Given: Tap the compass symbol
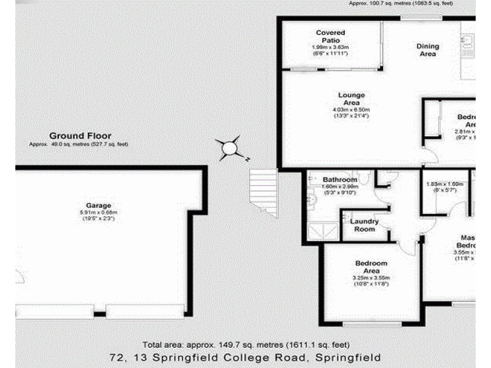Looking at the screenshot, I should coord(230,148).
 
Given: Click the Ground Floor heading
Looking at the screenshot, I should coord(80,136).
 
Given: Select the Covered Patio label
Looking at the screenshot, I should coord(330,36).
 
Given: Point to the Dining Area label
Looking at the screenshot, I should coord(428,50).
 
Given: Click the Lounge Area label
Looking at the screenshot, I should coord(351,99).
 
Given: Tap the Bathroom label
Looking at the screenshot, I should coord(339,180).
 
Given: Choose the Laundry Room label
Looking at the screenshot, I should coord(364,224).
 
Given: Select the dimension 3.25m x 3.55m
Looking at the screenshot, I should coord(371,278).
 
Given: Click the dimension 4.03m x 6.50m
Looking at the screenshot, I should coord(351,110).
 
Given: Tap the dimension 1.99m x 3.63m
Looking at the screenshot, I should coord(330,47).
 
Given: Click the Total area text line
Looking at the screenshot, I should coord(246,345).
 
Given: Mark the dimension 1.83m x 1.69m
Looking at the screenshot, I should coord(444,183).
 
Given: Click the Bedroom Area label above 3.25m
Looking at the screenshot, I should coord(371,267).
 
